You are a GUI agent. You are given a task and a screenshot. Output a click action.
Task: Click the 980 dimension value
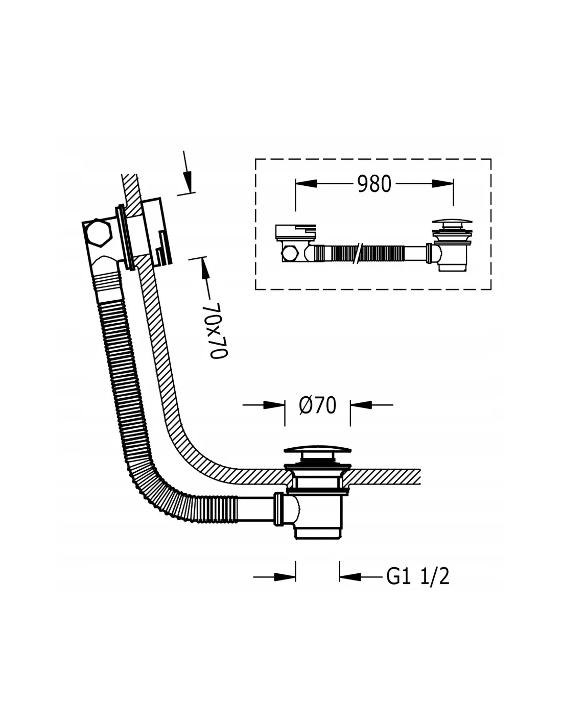pyautogui.click(x=374, y=184)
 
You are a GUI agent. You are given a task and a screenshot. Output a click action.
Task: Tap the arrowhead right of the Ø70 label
pyautogui.click(x=361, y=405)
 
